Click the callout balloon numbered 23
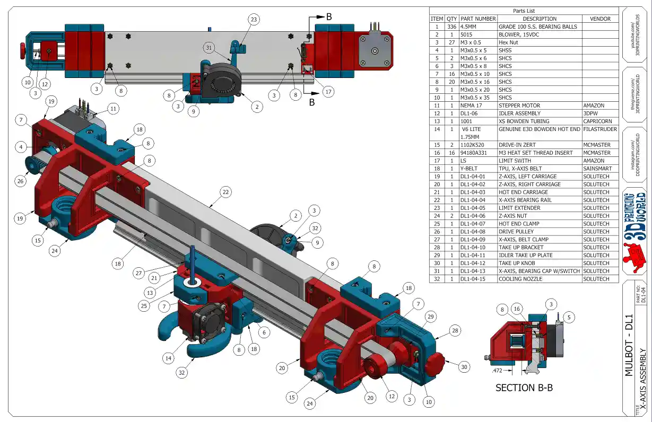click(x=254, y=20)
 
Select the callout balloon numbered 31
click(x=209, y=47)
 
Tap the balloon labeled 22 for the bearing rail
click(x=226, y=192)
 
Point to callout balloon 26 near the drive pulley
click(x=21, y=181)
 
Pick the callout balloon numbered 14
click(x=169, y=358)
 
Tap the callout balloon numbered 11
click(x=112, y=109)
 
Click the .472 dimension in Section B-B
click(x=498, y=371)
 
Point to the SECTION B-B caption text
click(x=524, y=388)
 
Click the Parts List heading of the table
click(x=524, y=11)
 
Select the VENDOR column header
click(x=600, y=19)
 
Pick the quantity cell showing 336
click(x=451, y=27)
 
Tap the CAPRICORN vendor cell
click(x=597, y=121)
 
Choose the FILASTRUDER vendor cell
click(x=600, y=129)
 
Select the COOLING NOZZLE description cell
click(x=523, y=279)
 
